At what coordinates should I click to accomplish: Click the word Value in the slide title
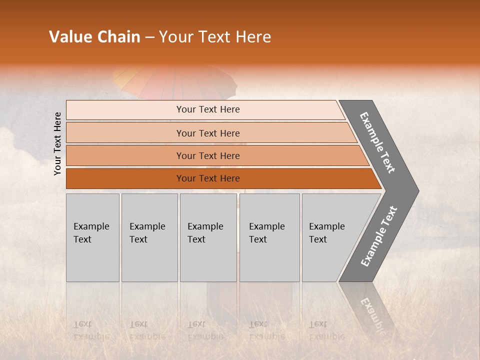click(x=69, y=37)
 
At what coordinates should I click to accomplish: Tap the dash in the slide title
click(x=149, y=37)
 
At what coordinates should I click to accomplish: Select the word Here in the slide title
click(x=253, y=37)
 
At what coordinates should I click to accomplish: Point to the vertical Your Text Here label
click(x=57, y=143)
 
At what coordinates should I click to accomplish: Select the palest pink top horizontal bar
click(x=205, y=109)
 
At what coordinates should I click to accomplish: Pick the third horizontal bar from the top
click(x=215, y=155)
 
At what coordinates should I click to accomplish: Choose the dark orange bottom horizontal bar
click(x=220, y=178)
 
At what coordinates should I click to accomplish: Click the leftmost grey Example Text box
click(x=92, y=237)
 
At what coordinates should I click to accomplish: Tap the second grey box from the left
click(x=149, y=237)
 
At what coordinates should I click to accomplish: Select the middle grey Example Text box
click(x=208, y=237)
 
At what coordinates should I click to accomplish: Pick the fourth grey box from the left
click(x=269, y=237)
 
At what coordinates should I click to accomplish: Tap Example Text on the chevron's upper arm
click(x=377, y=142)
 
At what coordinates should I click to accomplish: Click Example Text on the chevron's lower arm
click(x=379, y=236)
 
